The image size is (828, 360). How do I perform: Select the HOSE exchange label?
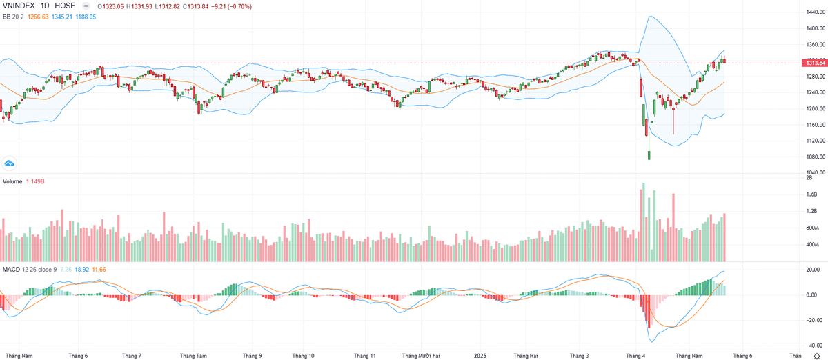coord(66,6)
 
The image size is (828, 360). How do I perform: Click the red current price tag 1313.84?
coord(813,63)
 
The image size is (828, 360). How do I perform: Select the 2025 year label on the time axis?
coord(481,356)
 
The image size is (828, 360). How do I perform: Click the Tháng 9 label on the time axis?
coord(253,356)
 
